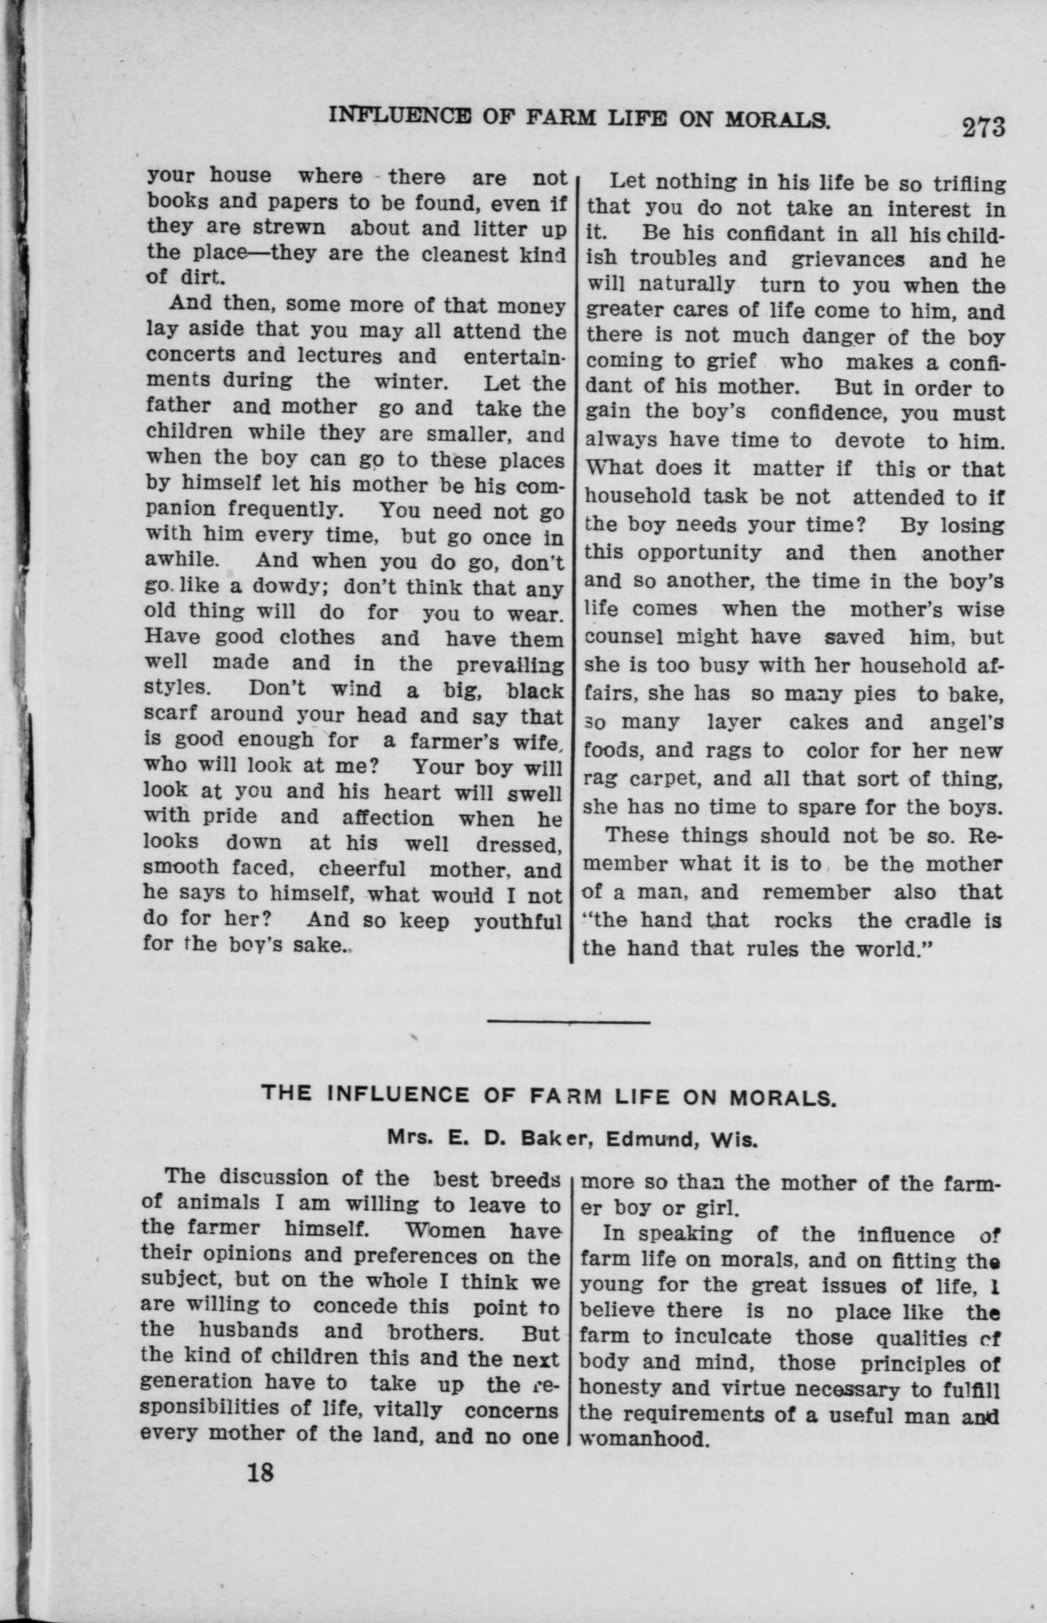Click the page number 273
point(982,127)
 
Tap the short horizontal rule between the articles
point(569,1022)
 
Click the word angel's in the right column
point(966,723)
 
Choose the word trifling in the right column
point(968,184)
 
